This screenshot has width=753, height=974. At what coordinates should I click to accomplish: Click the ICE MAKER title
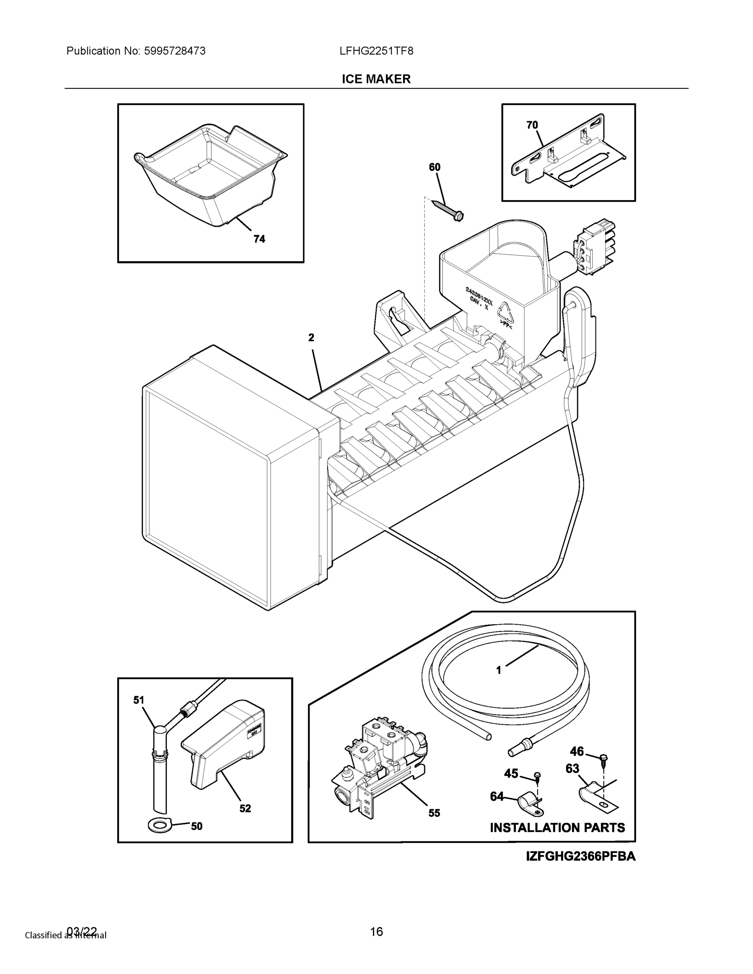click(x=376, y=80)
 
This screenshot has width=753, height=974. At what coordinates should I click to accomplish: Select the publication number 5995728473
click(x=175, y=51)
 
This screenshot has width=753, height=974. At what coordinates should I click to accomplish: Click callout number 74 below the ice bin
click(x=259, y=239)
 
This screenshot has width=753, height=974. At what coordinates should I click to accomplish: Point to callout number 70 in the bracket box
click(x=532, y=125)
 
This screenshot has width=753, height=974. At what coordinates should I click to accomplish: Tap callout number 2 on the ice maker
click(x=311, y=338)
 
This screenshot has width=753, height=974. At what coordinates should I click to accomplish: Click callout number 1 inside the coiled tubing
click(x=499, y=683)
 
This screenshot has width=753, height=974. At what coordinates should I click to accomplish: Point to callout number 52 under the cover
click(x=245, y=808)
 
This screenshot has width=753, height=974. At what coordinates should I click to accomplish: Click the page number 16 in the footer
click(x=376, y=931)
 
